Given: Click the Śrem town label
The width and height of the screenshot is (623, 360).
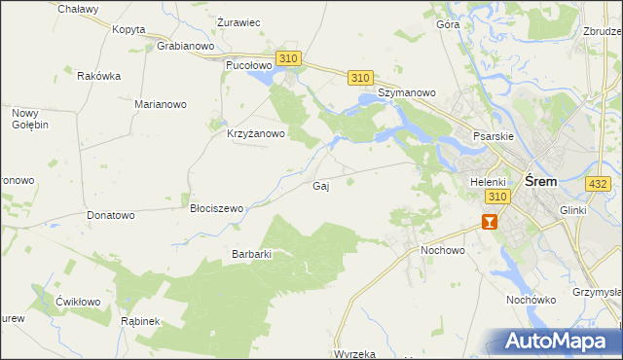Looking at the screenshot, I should (540, 181).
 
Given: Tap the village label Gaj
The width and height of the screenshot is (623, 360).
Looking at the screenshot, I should (319, 186).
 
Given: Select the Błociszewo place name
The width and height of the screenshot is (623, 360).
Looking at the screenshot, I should (216, 208).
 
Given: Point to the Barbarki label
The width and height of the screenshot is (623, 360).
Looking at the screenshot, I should (250, 254).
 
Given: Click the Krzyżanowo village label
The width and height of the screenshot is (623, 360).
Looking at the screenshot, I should (255, 134).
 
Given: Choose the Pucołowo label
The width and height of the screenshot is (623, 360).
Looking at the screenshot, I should (245, 64).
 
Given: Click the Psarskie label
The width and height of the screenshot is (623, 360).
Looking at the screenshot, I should (493, 137).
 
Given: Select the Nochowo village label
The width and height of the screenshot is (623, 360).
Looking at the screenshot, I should (443, 250).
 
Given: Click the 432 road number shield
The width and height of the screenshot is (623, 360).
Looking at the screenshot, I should (599, 183).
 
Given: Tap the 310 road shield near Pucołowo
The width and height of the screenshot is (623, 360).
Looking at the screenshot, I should (287, 59).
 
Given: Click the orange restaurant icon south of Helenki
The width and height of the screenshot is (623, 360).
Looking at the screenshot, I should (489, 221).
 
